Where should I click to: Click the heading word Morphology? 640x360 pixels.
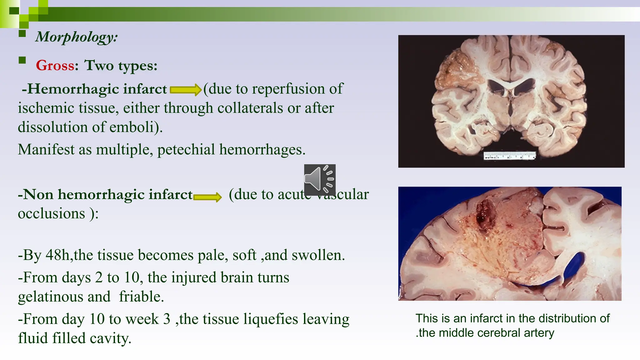[76, 37]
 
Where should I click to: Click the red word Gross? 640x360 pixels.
[55, 66]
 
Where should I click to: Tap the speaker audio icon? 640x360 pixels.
[320, 180]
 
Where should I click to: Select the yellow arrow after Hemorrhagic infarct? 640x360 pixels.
[185, 90]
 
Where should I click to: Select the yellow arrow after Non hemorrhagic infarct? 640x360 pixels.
[207, 197]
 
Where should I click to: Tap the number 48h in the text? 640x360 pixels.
[58, 255]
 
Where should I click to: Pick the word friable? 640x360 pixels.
[141, 297]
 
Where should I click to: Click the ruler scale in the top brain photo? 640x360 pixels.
[510, 155]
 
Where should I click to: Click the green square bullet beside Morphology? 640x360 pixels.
[22, 33]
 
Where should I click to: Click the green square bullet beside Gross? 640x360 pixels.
[22, 60]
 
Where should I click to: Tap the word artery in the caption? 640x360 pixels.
[539, 333]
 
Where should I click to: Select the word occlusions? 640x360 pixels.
[51, 214]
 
